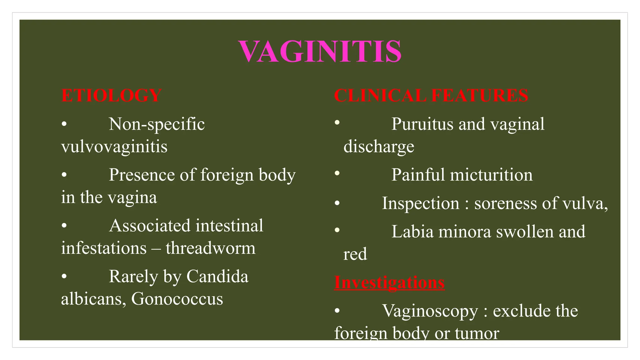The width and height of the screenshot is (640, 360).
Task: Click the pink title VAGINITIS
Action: click(320, 52)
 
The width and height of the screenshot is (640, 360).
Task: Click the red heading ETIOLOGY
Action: click(111, 95)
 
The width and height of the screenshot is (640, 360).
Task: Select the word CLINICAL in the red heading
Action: click(380, 95)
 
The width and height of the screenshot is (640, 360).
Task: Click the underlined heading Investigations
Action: click(389, 282)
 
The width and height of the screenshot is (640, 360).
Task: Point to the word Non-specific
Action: click(157, 124)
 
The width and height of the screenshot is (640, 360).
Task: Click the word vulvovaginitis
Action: click(114, 147)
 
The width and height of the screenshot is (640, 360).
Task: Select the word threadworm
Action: click(210, 248)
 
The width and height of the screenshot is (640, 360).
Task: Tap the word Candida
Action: click(217, 277)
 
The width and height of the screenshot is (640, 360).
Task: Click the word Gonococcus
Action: click(177, 299)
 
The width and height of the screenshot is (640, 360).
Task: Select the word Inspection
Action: click(421, 203)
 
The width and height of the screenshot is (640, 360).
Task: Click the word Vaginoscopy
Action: click(430, 311)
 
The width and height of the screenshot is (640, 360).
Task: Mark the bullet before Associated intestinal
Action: click(64, 225)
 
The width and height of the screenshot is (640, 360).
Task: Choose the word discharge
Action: click(379, 147)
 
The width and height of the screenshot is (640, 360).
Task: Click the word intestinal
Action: click(229, 226)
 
